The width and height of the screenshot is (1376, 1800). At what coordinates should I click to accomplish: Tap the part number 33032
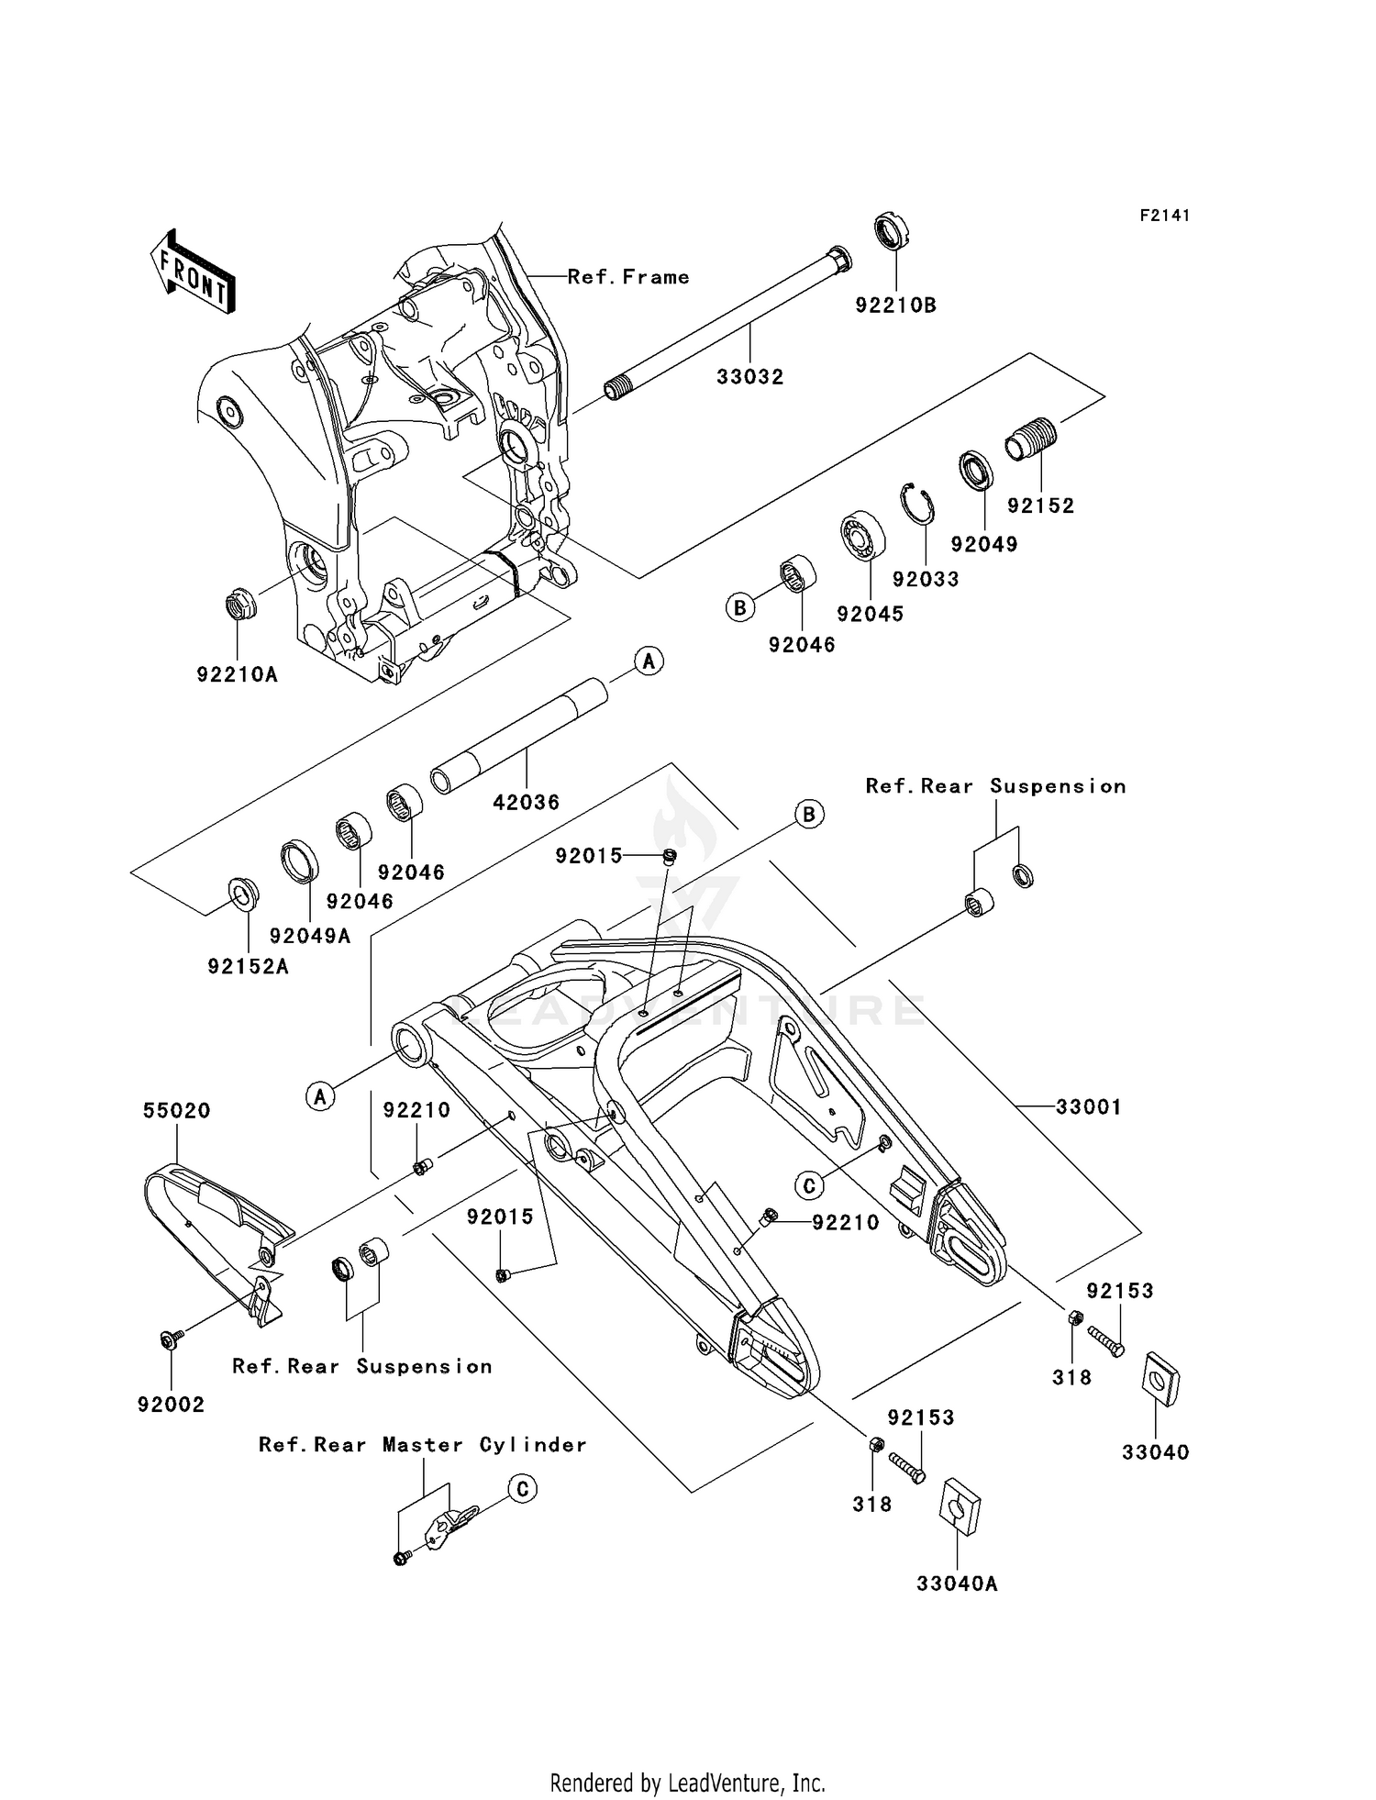click(x=750, y=377)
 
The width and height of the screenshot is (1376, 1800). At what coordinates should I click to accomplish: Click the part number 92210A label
click(x=237, y=675)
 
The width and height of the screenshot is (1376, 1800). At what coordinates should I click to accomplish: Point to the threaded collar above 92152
click(x=1032, y=439)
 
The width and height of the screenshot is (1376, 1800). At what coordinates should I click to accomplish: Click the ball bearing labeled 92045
click(x=863, y=534)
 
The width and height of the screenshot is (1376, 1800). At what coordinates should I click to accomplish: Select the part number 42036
click(x=526, y=803)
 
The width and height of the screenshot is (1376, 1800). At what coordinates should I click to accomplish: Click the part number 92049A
click(x=310, y=936)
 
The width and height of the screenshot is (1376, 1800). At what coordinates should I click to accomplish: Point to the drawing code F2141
click(x=1164, y=216)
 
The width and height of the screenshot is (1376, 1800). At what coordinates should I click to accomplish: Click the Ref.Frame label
click(x=628, y=277)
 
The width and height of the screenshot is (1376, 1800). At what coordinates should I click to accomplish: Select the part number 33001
click(x=1088, y=1107)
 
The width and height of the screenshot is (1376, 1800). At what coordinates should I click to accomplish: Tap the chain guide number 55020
click(x=176, y=1111)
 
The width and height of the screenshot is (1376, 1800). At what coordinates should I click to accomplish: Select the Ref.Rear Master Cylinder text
click(x=422, y=1445)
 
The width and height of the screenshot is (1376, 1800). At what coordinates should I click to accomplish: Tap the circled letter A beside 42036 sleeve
click(x=649, y=661)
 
